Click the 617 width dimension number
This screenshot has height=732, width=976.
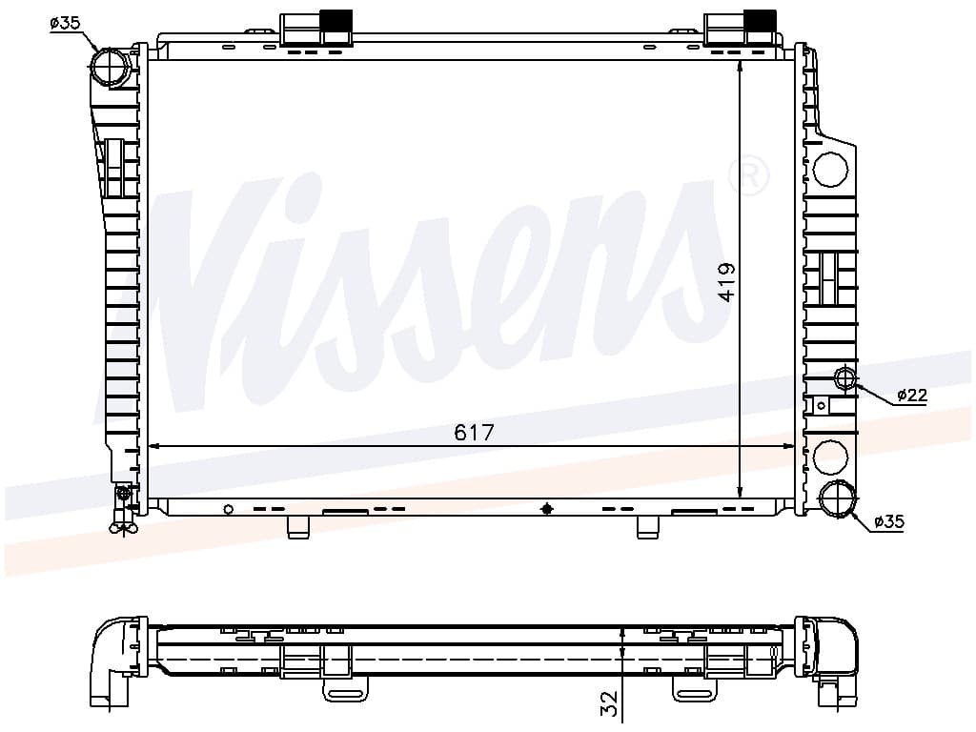coord(474,432)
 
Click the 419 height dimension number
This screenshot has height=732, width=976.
coord(726,282)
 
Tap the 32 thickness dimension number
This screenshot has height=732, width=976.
coord(611,702)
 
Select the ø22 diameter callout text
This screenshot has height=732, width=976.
coord(912,395)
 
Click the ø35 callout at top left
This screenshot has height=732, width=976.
coord(66,23)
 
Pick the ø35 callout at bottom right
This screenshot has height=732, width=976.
coord(889,521)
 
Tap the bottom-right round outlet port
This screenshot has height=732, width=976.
coord(837,499)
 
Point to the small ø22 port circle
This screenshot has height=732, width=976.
coord(844,377)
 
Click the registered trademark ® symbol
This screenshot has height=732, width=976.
coord(748,175)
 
